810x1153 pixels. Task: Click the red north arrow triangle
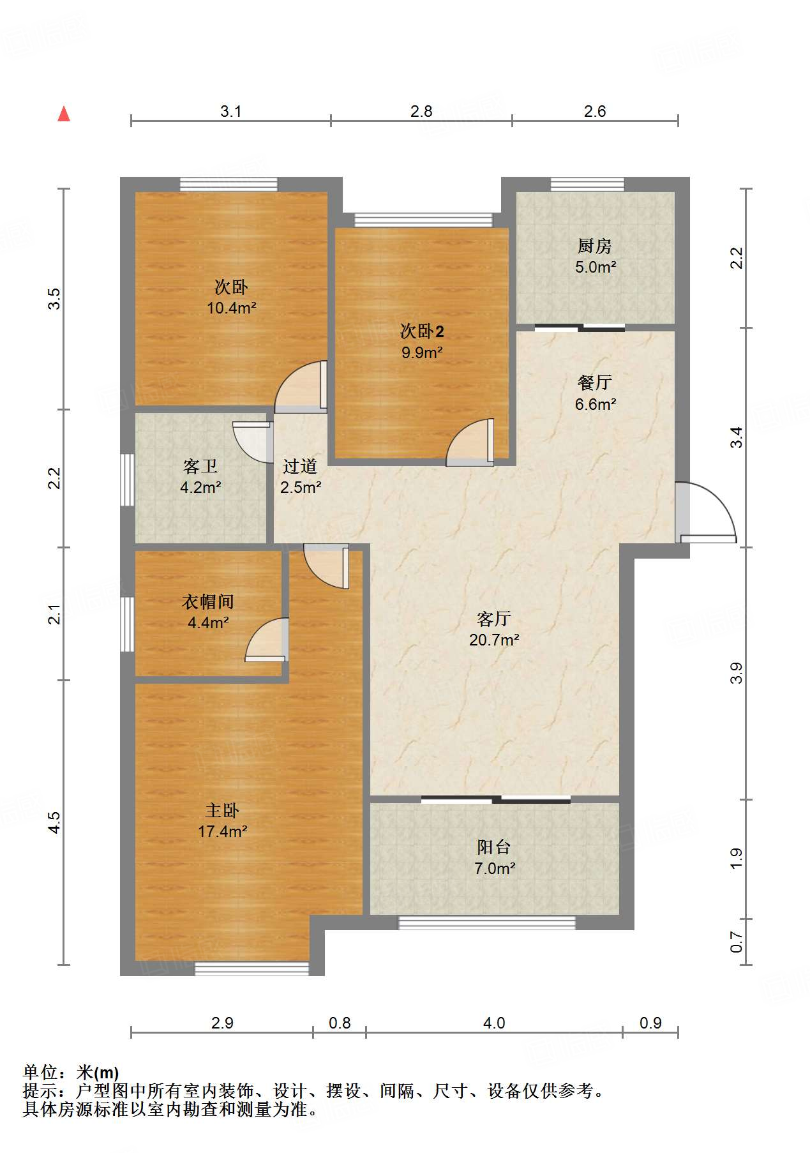tap(64, 114)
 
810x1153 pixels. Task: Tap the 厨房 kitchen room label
tap(594, 246)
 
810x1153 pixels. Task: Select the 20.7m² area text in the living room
tap(493, 640)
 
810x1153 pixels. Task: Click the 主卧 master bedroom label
tap(221, 811)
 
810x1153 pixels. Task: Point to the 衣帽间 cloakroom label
tap(207, 601)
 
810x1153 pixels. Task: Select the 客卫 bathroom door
tap(250, 441)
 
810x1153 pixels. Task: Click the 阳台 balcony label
tap(494, 847)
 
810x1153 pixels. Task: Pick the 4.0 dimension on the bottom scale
tap(493, 1023)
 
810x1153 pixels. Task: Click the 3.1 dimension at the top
tap(230, 112)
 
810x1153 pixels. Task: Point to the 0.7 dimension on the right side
tap(737, 942)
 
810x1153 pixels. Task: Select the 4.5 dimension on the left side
tap(55, 822)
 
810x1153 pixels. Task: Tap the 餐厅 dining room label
tap(594, 383)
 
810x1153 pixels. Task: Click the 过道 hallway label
tap(300, 467)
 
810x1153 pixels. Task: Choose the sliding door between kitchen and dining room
tap(580, 328)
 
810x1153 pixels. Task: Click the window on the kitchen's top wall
tap(587, 185)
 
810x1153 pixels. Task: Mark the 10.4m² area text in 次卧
tap(231, 308)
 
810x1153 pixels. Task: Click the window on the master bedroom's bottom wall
tap(251, 968)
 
